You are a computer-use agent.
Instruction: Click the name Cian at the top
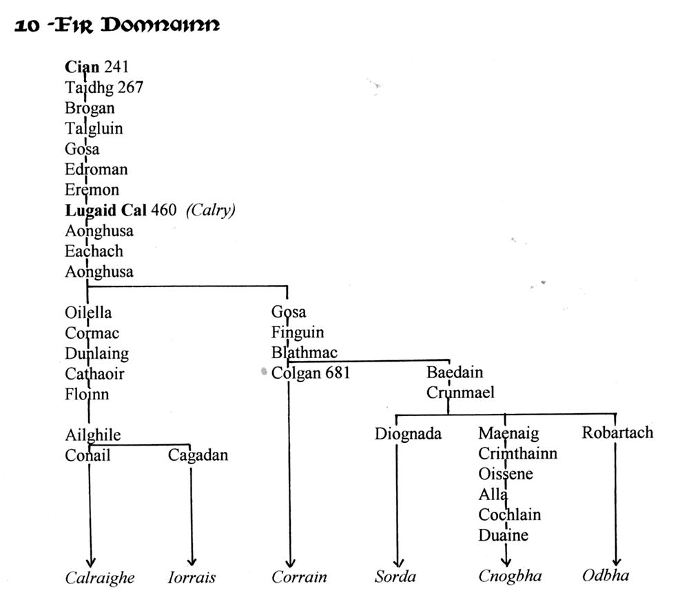[x=82, y=67]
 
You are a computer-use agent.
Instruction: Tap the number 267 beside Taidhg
[x=130, y=87]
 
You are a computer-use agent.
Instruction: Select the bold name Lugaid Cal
[x=105, y=210]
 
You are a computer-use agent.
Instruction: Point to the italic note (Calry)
[x=211, y=210]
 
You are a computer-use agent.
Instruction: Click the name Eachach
[x=94, y=251]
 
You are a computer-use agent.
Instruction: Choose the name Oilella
[x=88, y=312]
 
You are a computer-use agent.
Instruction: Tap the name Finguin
[x=298, y=333]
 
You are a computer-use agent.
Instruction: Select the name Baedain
[x=455, y=372]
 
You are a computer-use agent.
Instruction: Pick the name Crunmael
[x=460, y=393]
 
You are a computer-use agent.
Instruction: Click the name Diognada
[x=408, y=434]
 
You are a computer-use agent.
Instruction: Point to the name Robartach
[x=617, y=433]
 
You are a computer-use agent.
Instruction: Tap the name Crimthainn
[x=518, y=453]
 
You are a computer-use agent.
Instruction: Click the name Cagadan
[x=198, y=455]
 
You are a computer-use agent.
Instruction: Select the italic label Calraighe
[x=100, y=578]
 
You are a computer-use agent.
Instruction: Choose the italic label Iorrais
[x=192, y=577]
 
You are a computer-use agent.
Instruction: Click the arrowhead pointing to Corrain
[x=290, y=563]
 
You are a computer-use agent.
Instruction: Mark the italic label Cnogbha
[x=510, y=576]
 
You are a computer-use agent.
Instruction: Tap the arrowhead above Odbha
[x=616, y=562]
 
